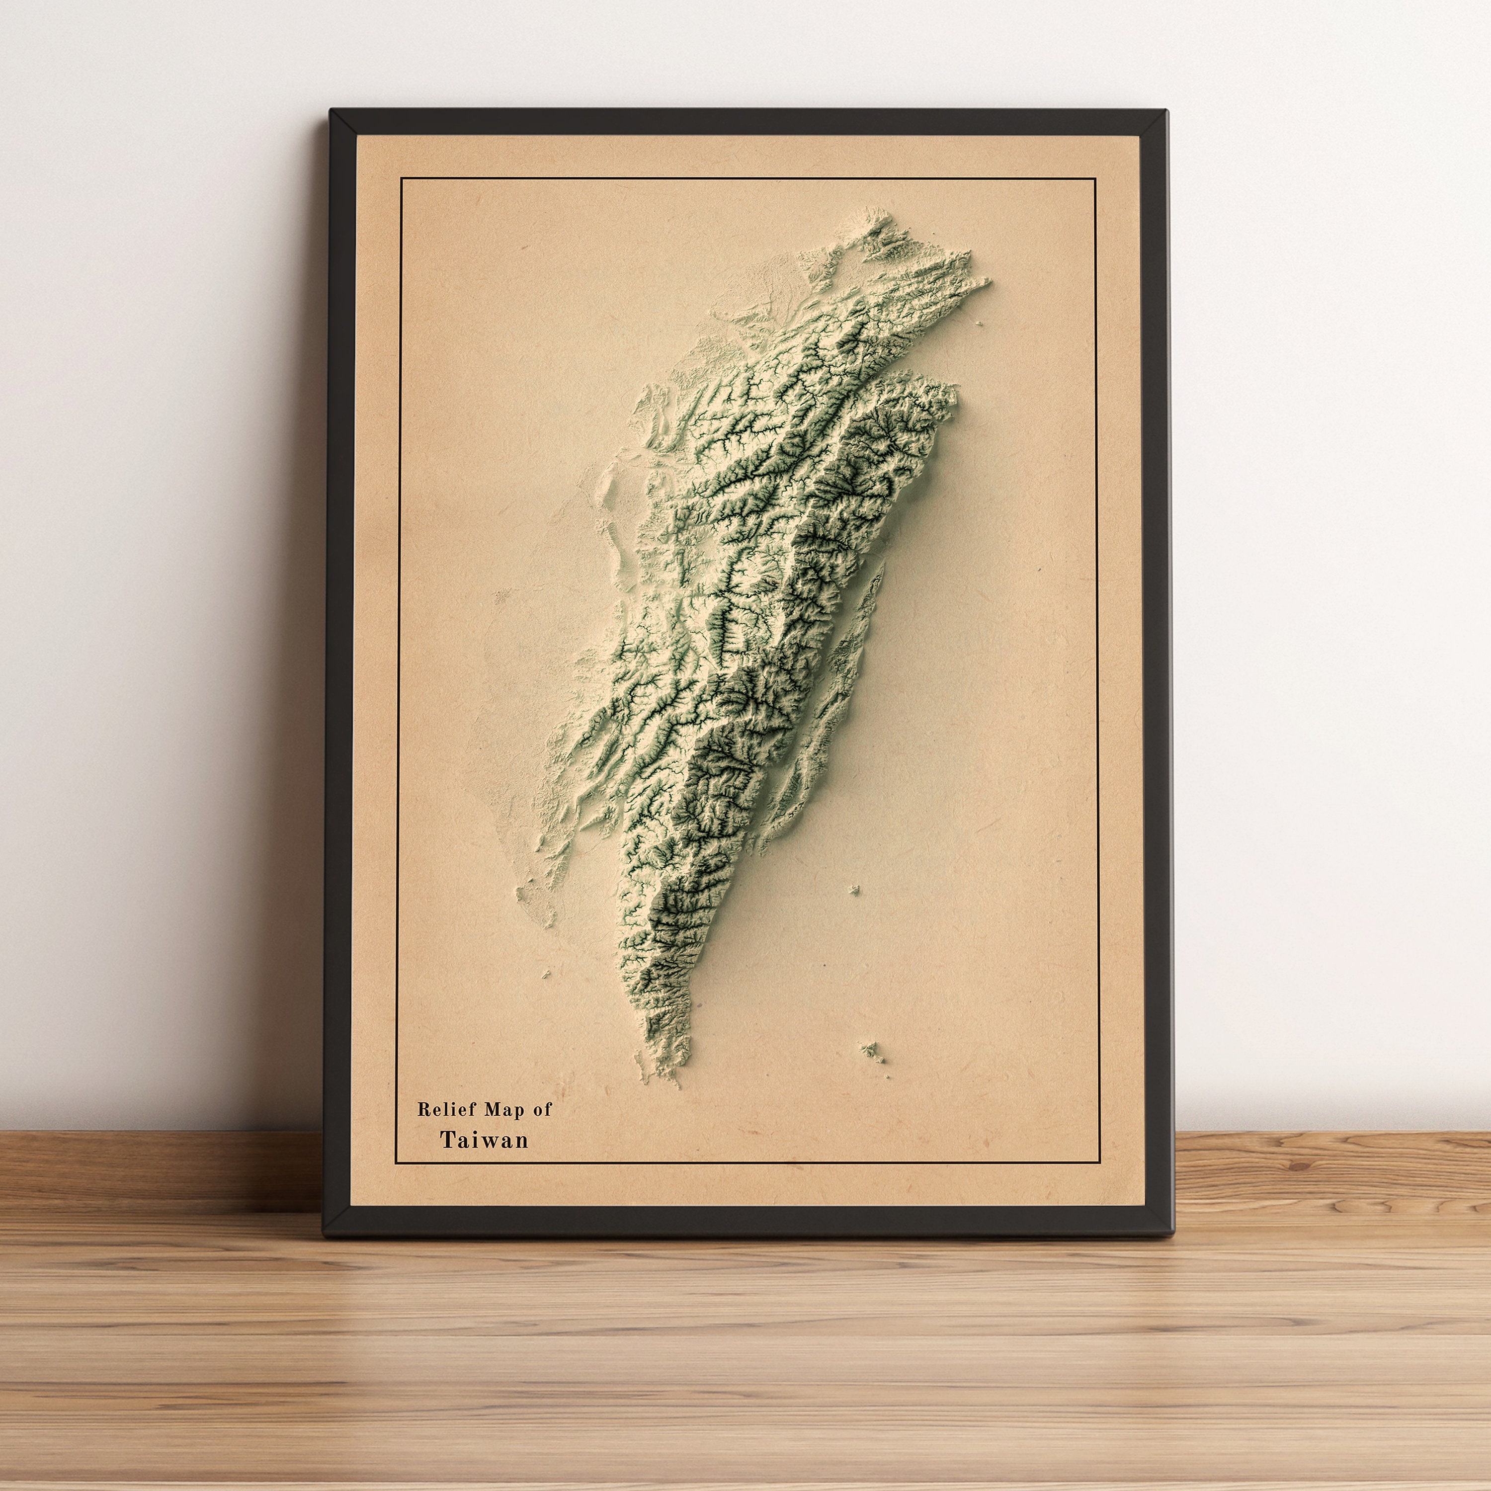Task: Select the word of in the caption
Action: point(543,1110)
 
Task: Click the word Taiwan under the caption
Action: point(485,1140)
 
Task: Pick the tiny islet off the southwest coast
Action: point(546,975)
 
